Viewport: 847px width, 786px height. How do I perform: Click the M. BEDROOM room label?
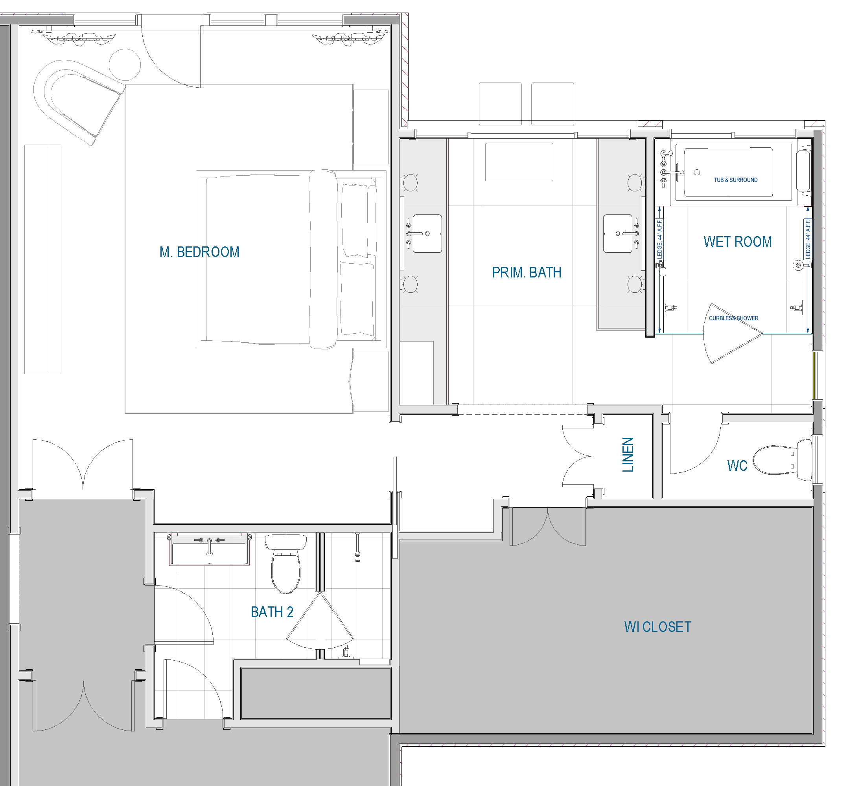coord(199,252)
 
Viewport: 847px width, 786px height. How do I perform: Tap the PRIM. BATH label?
coord(527,272)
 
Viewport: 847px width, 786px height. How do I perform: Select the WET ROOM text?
coord(738,242)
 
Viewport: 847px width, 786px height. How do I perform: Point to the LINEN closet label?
coord(628,455)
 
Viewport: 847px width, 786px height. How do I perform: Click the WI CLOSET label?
coord(657,627)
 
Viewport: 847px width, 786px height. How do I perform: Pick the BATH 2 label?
coord(272,612)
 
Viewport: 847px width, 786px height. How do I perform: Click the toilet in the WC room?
coord(782,460)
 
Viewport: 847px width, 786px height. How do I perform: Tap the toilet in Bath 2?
coord(285,564)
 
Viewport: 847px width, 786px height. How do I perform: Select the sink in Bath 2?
coord(209,550)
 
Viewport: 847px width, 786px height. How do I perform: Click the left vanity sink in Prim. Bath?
coord(427,233)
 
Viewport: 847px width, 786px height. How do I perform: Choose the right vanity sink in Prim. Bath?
coord(618,233)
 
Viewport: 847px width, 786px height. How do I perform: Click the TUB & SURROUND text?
coord(735,180)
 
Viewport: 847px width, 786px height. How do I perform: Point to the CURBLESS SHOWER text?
coord(733,318)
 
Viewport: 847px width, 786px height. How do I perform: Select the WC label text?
coord(737,466)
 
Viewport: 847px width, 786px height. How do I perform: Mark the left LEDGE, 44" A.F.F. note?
coord(660,239)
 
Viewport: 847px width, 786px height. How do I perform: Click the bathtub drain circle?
coord(697,172)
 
